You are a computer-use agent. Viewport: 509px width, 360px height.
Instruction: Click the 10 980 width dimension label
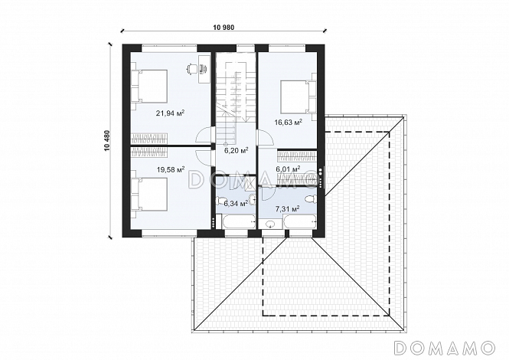tap(224, 28)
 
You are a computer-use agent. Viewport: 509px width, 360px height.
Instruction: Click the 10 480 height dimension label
tap(106, 141)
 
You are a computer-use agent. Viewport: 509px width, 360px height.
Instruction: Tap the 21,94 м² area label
tap(170, 113)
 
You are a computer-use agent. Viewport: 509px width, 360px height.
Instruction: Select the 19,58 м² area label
tap(171, 169)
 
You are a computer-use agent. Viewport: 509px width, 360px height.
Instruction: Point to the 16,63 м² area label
tap(289, 122)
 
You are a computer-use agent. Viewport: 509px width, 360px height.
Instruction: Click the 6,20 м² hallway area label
tap(237, 150)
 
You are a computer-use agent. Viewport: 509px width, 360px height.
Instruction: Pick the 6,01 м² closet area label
tap(288, 169)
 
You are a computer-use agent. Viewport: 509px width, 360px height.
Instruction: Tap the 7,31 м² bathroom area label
tap(287, 209)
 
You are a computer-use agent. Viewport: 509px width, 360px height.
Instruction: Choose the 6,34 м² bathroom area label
tap(236, 204)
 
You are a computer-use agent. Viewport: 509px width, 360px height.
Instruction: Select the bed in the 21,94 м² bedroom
tap(149, 86)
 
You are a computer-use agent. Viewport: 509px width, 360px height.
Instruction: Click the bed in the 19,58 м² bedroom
tap(149, 194)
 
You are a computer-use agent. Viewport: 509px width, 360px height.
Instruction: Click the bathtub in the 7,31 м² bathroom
tap(300, 221)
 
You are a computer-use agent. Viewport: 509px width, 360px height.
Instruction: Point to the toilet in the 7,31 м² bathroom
tap(311, 198)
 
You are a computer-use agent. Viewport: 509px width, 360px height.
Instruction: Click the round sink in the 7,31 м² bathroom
tap(270, 224)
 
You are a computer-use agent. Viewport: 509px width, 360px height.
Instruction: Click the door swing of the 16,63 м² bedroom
tap(266, 137)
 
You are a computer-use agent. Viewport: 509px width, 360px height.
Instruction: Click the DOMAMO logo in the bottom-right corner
tap(445, 348)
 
